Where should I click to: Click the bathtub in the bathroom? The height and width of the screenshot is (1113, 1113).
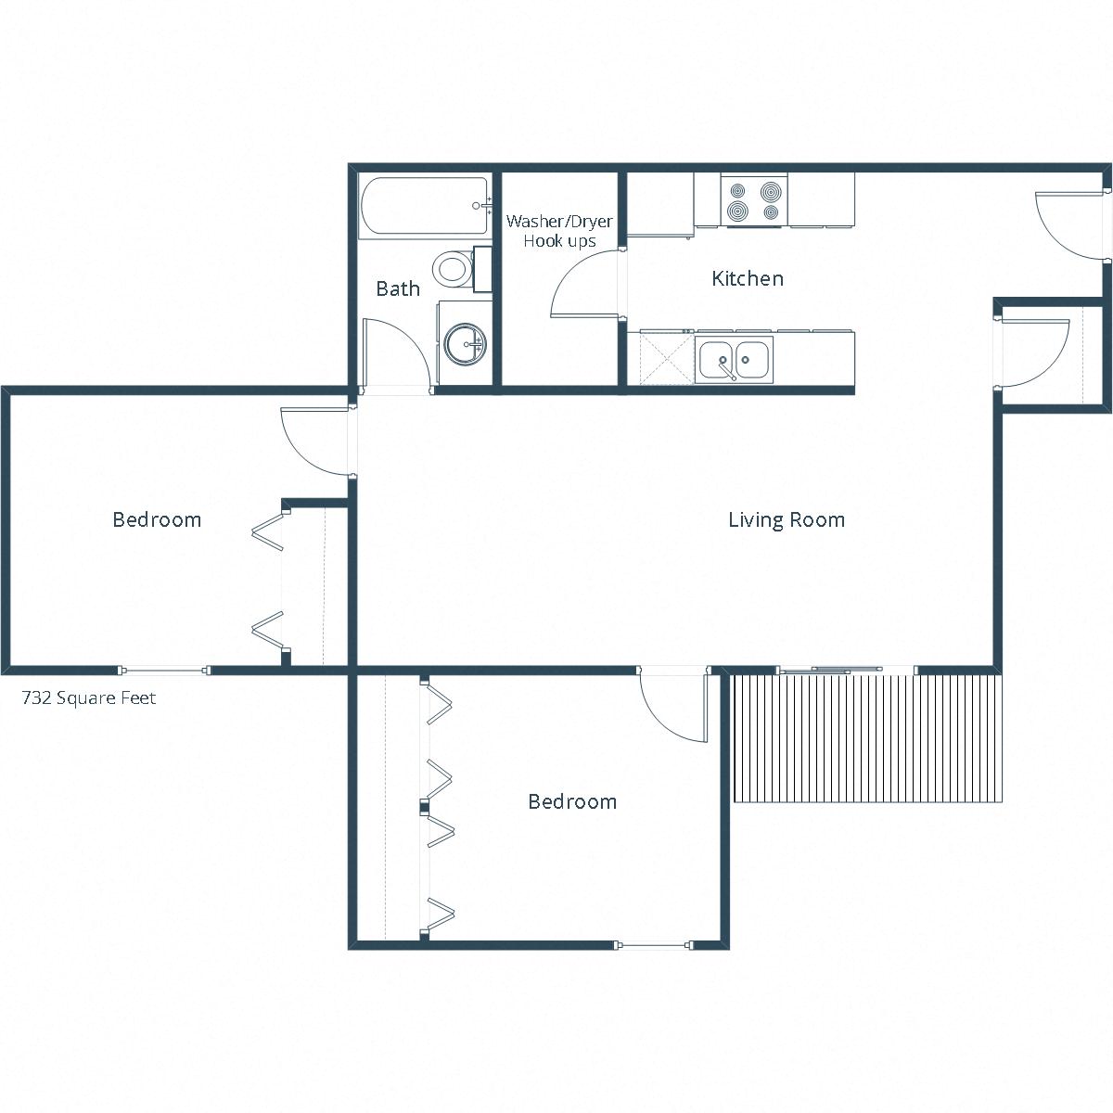(x=424, y=208)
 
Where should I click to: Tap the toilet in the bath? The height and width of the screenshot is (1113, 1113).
(x=454, y=270)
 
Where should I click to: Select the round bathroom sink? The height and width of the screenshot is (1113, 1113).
(x=464, y=344)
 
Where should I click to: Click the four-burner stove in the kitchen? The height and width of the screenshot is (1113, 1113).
(x=754, y=201)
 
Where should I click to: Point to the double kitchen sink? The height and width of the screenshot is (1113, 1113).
(x=734, y=360)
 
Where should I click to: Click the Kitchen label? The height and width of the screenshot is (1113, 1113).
(x=747, y=278)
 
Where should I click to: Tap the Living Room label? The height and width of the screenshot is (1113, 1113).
(x=786, y=519)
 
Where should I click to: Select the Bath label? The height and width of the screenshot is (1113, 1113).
(x=398, y=288)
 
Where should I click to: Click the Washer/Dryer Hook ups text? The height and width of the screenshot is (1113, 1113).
(x=559, y=231)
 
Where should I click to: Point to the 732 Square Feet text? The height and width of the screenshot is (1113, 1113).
(x=89, y=698)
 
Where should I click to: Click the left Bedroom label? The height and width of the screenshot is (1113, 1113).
(x=157, y=519)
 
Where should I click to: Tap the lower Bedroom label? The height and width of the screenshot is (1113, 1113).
(x=571, y=801)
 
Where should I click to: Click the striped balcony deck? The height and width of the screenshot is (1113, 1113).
(x=867, y=738)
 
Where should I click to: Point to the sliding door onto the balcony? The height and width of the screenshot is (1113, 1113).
(x=830, y=670)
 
